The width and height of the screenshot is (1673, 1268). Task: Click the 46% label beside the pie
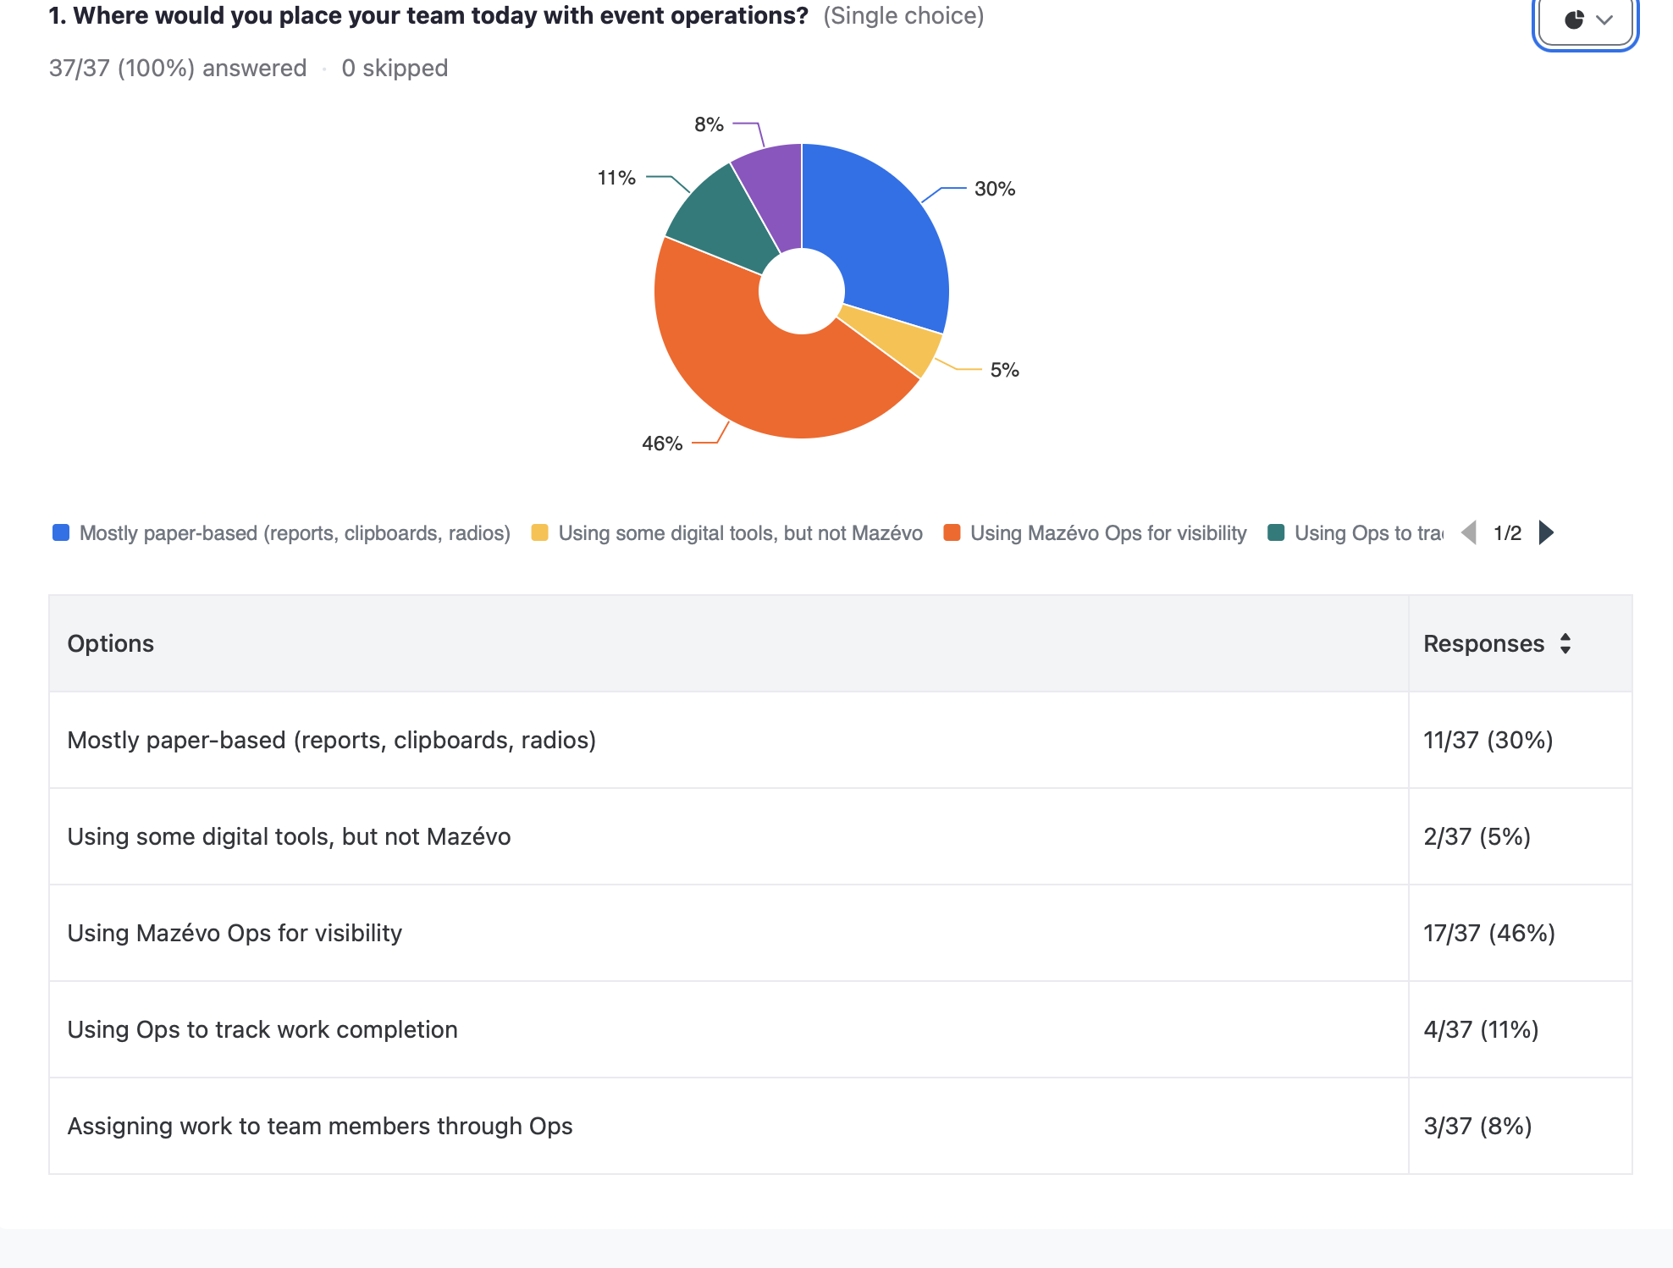point(662,444)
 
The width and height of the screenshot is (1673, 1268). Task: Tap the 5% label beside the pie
point(1004,370)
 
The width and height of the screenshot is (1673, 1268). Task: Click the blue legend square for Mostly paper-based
point(61,532)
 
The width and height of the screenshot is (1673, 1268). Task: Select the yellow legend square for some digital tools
point(539,532)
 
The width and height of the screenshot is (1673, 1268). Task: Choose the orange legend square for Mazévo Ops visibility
point(952,532)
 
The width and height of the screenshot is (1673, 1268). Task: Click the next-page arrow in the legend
point(1546,532)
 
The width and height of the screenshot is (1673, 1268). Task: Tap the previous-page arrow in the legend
point(1470,532)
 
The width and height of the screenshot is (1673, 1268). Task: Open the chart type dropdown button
point(1585,19)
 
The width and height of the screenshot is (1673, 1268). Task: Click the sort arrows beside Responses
point(1565,643)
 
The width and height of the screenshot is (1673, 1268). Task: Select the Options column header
point(111,643)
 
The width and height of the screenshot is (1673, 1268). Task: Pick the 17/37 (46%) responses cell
point(1489,933)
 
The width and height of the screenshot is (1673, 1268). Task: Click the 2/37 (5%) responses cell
point(1477,836)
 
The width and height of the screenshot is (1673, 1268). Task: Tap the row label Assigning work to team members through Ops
point(320,1126)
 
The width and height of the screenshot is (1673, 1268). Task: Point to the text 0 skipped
point(395,68)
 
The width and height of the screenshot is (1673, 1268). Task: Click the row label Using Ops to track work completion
point(262,1029)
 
